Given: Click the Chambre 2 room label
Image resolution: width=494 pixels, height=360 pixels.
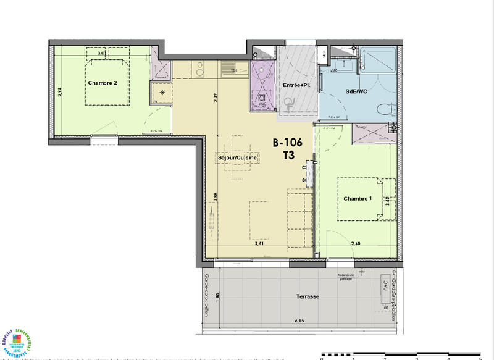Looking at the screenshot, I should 102,83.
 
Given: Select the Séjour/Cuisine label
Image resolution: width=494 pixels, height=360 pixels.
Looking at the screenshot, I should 237,157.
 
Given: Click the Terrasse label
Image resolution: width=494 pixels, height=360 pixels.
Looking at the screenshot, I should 307,296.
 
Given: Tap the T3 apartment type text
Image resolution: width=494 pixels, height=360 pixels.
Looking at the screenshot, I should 288,156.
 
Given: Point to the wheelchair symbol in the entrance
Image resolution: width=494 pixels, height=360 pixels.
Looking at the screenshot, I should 290,106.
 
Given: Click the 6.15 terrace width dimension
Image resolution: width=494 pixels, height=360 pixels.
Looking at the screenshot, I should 300,320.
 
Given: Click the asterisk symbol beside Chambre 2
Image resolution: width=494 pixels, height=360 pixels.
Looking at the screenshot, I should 162,93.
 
